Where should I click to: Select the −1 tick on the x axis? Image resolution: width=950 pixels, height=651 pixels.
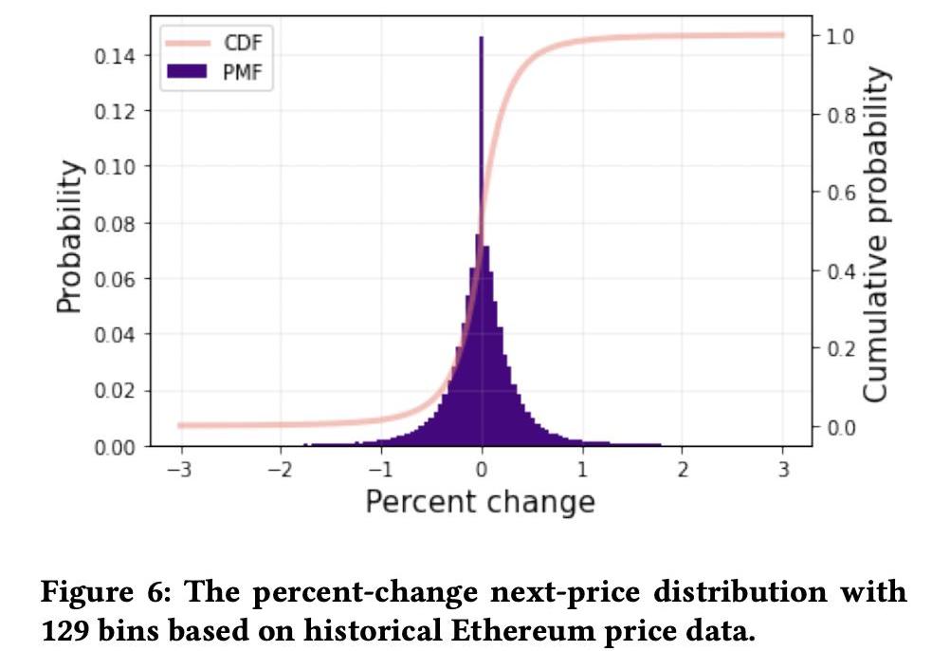coord(379,469)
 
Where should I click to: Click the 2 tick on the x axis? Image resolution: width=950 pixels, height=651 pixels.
coord(683,469)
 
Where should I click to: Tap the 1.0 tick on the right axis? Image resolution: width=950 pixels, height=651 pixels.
coord(841,36)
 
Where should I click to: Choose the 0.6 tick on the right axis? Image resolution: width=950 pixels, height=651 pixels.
coord(841,193)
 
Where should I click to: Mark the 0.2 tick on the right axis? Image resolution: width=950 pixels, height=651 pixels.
coord(841,348)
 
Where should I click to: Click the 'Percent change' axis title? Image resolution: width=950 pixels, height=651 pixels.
coord(480,502)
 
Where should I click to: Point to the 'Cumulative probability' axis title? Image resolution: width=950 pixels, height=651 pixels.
coord(877,233)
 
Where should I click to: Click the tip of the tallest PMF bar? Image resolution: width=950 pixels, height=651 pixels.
coord(481,39)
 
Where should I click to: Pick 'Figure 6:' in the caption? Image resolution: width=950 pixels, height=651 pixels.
coord(94,593)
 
